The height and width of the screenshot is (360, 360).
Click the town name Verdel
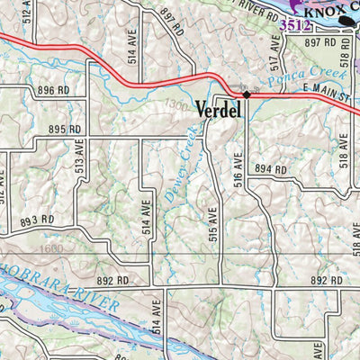(x=216, y=110)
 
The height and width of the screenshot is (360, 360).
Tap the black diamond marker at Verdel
(x=246, y=94)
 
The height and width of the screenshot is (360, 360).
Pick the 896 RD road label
(x=52, y=90)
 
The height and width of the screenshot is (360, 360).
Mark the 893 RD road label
(x=38, y=219)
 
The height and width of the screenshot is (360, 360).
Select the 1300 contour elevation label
(x=179, y=106)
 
